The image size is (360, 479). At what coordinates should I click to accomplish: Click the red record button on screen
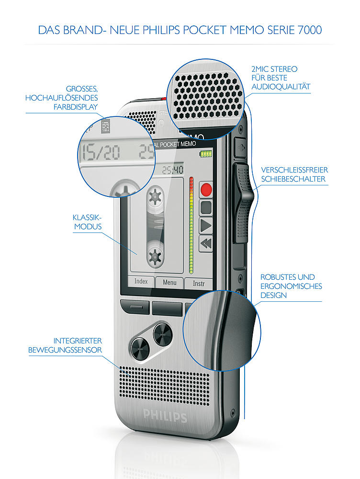[206, 189]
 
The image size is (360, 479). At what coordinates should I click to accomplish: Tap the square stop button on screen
[206, 207]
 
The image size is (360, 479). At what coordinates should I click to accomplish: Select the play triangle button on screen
[206, 225]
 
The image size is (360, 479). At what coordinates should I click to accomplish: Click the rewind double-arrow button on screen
[206, 243]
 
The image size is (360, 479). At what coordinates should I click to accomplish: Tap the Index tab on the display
[141, 282]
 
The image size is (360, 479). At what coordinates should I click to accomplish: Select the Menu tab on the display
[169, 283]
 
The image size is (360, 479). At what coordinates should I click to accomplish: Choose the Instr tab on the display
[199, 284]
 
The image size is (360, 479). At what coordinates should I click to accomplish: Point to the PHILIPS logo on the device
[165, 415]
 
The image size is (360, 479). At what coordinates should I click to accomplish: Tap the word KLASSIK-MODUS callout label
[87, 221]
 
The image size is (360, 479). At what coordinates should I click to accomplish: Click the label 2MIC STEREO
[274, 69]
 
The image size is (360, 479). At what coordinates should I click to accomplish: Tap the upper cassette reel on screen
[155, 196]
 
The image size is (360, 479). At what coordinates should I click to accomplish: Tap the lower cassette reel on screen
[155, 256]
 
